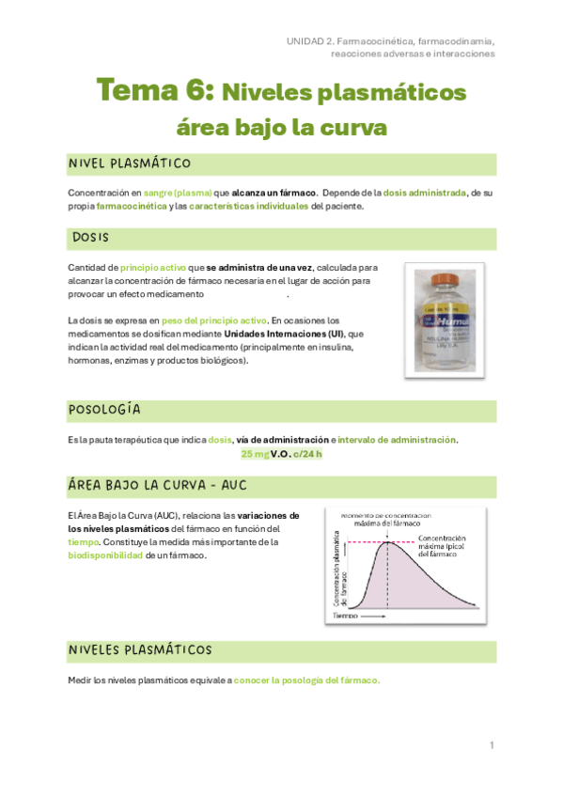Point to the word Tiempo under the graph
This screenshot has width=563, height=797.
point(345,615)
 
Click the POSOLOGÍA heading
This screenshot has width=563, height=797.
point(104,410)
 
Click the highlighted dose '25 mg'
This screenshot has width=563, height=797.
point(255,454)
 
